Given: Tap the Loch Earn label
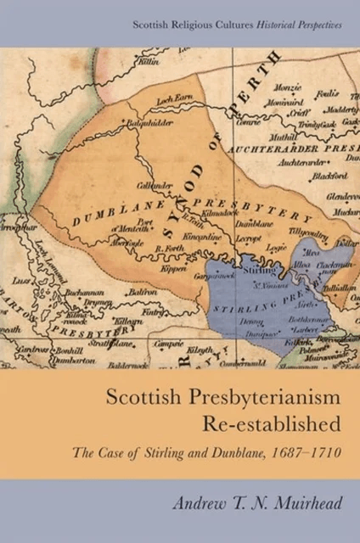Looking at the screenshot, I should coord(175,100).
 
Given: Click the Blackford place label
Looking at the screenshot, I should coord(329,176).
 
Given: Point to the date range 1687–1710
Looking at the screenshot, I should coord(307,451).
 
